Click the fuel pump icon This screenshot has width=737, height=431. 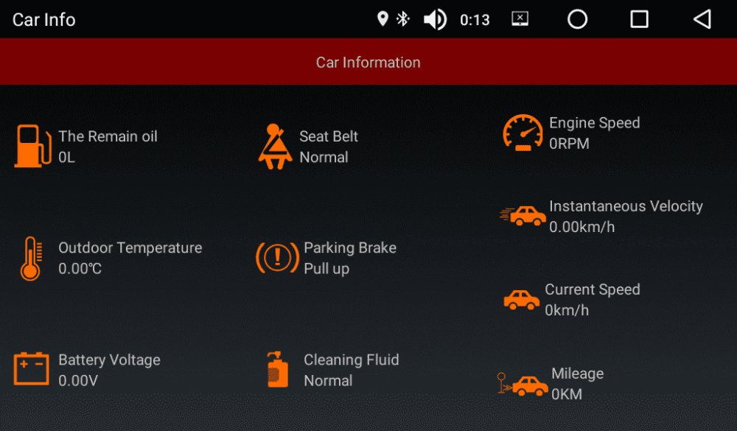(x=32, y=146)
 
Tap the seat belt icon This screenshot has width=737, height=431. (x=275, y=146)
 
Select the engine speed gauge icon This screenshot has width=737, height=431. (x=523, y=133)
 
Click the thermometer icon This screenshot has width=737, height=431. (x=31, y=259)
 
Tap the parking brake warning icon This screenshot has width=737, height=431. (x=277, y=258)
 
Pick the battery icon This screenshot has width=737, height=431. (x=31, y=368)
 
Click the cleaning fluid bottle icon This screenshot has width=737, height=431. (x=277, y=369)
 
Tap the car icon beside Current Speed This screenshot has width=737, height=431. (x=522, y=300)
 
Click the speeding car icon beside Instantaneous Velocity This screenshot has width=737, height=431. (x=523, y=216)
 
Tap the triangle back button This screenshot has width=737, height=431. (x=702, y=19)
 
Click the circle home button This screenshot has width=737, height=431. (x=577, y=19)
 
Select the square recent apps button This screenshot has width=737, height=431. (x=639, y=19)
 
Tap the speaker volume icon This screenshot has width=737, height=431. (x=436, y=20)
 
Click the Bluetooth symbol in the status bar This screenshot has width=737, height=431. (x=403, y=19)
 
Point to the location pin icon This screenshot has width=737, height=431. (x=383, y=19)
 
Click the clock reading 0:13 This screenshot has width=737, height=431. (x=475, y=20)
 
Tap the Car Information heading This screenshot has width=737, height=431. (x=368, y=63)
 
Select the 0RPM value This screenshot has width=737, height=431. (x=569, y=144)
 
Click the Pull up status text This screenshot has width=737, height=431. (x=326, y=269)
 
